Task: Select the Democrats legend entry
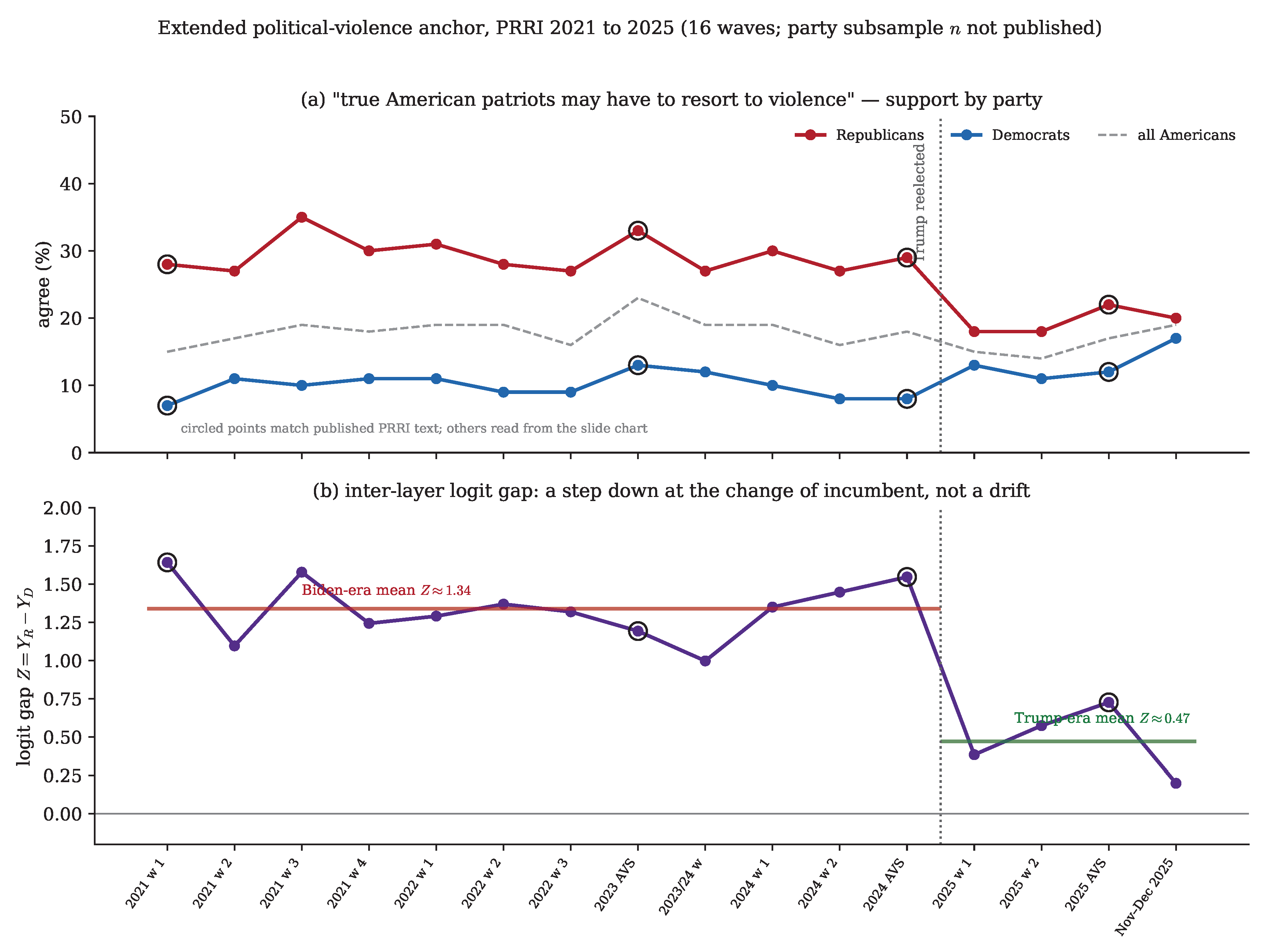coord(1010,135)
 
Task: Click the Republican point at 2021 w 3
coord(302,217)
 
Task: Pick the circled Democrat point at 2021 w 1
coord(167,406)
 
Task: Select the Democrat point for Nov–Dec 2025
coord(1176,338)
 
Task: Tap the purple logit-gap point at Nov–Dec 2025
coord(1176,783)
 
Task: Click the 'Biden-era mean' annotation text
coord(386,590)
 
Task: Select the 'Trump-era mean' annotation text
coord(1102,718)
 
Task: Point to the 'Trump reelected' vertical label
coord(919,202)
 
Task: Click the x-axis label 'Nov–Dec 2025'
coord(1145,896)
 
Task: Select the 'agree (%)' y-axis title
coord(43,284)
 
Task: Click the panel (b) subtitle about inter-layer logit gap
coord(671,491)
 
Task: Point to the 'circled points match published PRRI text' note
coord(414,428)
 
